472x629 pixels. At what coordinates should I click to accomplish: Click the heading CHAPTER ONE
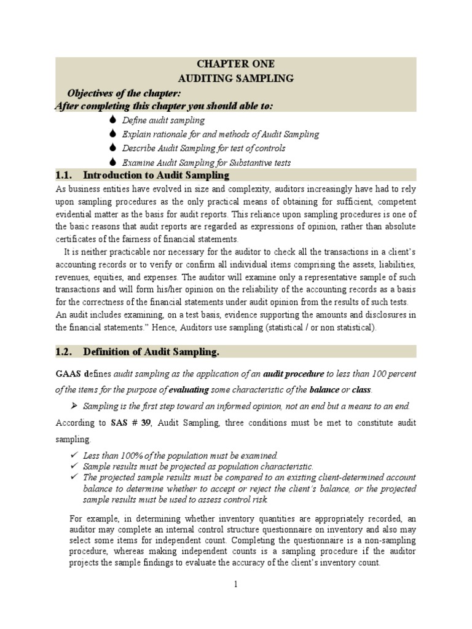pyautogui.click(x=235, y=64)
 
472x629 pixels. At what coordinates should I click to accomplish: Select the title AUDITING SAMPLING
pyautogui.click(x=235, y=79)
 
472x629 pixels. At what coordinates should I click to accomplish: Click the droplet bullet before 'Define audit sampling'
pyautogui.click(x=112, y=120)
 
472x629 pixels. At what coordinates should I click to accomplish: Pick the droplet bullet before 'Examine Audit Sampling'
pyautogui.click(x=112, y=162)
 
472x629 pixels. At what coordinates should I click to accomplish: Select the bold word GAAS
pyautogui.click(x=69, y=373)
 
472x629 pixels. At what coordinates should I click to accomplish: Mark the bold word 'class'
pyautogui.click(x=361, y=390)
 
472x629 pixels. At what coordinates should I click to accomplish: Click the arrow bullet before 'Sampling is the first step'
pyautogui.click(x=74, y=407)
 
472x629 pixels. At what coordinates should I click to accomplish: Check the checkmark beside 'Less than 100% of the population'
pyautogui.click(x=74, y=455)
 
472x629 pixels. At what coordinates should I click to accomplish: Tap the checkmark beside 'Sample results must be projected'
pyautogui.click(x=74, y=466)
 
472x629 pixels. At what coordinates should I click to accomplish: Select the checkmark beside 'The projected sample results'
pyautogui.click(x=74, y=477)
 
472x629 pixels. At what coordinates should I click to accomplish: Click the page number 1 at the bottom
pyautogui.click(x=235, y=584)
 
